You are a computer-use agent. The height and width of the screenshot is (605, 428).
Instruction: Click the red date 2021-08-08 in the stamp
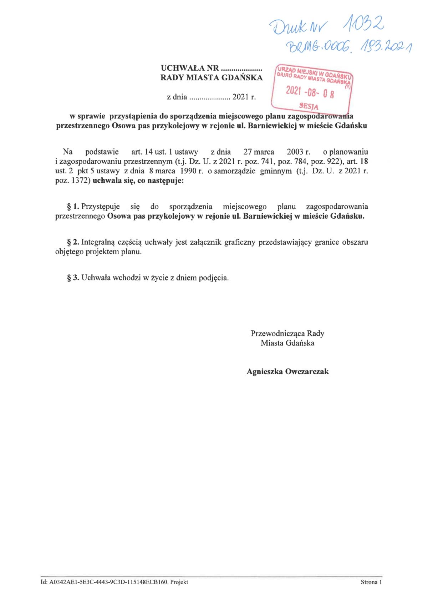(310, 92)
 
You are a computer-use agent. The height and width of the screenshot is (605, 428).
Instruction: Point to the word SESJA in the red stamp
(309, 106)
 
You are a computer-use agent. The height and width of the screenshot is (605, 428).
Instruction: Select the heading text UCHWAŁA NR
(190, 68)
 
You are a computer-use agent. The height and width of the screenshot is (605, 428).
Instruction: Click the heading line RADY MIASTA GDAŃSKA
(212, 77)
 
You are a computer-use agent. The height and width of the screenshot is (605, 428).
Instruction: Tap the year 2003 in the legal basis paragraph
(295, 152)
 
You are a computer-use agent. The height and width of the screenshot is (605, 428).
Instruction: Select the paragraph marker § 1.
(73, 207)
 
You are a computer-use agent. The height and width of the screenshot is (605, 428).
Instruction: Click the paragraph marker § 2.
(73, 242)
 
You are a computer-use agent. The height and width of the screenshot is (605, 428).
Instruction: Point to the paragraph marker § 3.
(73, 278)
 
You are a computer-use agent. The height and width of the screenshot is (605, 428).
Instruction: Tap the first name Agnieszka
(264, 372)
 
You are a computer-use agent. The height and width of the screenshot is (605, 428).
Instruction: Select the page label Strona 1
(371, 583)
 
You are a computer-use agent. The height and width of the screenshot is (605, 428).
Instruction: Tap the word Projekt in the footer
(179, 583)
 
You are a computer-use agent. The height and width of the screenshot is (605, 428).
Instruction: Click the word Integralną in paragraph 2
(98, 242)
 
